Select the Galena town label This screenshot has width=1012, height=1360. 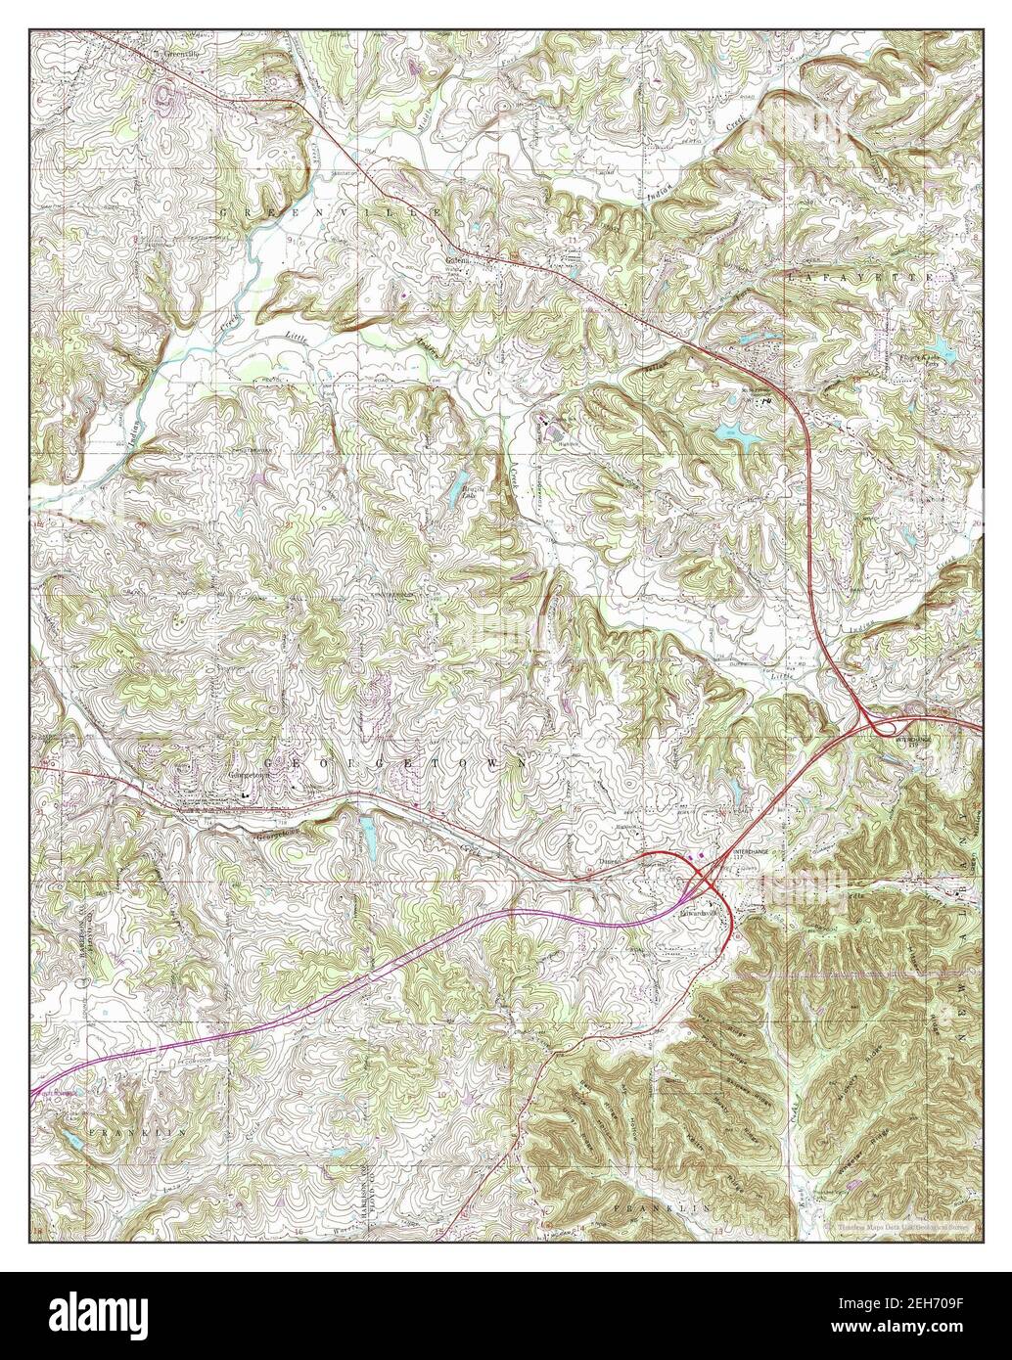(459, 261)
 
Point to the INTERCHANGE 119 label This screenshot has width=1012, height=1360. (912, 744)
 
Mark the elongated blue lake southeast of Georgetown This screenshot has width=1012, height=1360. (369, 834)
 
